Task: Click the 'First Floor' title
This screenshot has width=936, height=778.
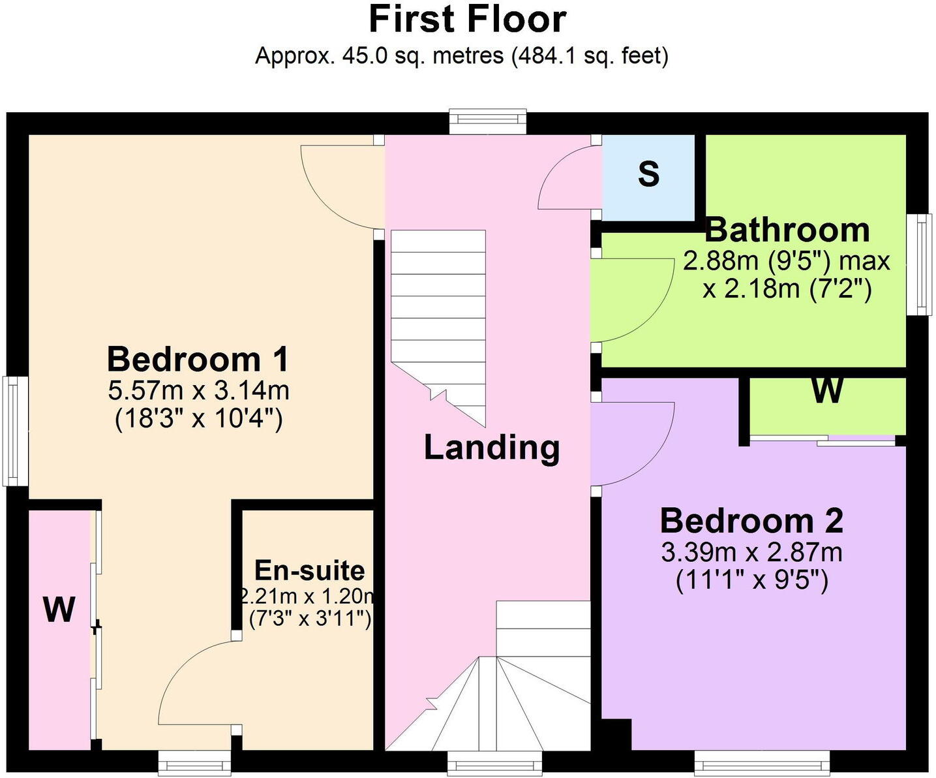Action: [468, 20]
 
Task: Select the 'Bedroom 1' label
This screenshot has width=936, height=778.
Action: [198, 360]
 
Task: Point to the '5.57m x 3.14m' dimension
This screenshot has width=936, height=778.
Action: [199, 391]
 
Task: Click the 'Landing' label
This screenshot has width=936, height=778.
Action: [492, 448]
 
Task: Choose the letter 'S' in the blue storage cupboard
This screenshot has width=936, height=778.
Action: [648, 174]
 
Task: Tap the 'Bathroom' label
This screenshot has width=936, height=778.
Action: [787, 230]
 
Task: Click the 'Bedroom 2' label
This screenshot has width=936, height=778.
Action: [751, 521]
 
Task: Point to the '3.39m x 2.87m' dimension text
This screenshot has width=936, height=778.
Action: [751, 553]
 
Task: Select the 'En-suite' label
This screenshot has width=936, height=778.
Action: [309, 570]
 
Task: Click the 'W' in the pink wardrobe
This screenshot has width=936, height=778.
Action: [59, 610]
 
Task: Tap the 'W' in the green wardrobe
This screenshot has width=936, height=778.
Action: [827, 391]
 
